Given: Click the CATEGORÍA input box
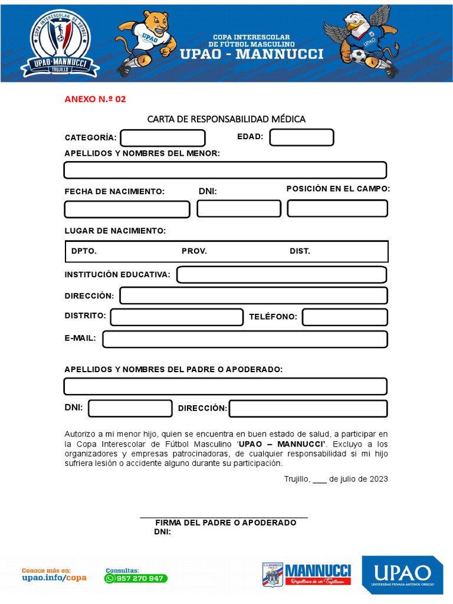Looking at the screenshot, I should (163, 138).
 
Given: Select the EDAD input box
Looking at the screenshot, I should (301, 137).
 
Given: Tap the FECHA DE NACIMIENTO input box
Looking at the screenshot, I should (127, 209).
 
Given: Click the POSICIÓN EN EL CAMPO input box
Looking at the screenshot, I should (337, 208).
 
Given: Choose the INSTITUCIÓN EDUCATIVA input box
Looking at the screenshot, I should (281, 275).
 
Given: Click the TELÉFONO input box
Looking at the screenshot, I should (344, 317).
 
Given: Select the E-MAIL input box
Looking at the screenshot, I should (245, 339).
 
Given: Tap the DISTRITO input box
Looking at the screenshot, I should (176, 317).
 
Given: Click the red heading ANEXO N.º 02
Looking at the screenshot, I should (95, 99).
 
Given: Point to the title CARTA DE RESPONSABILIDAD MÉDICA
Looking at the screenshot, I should (226, 119).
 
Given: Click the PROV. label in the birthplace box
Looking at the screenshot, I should (194, 251).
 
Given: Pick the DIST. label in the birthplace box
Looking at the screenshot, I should (300, 251).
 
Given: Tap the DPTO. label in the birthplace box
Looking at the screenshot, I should (84, 251).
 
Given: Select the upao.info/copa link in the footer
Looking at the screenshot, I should (54, 577).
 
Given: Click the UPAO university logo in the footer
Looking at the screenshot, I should (402, 575).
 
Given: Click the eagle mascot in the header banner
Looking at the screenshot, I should (362, 40).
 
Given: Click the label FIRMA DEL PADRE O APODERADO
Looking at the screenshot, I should (225, 523).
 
